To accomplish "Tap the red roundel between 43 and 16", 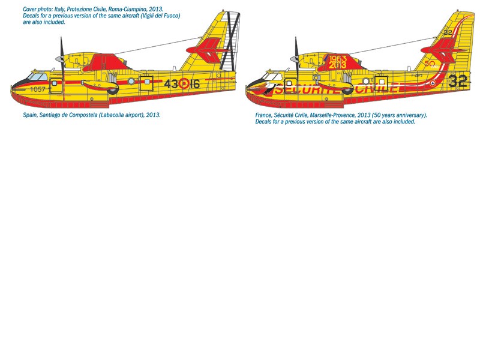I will (x=184, y=84).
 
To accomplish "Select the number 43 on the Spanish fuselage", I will (x=172, y=84).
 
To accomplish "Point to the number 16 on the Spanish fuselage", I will (x=195, y=84).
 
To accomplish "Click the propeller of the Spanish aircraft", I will (x=61, y=57).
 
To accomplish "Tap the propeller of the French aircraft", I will (x=296, y=57).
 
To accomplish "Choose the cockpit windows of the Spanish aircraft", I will (x=37, y=77).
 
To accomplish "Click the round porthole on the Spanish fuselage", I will (x=130, y=80).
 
